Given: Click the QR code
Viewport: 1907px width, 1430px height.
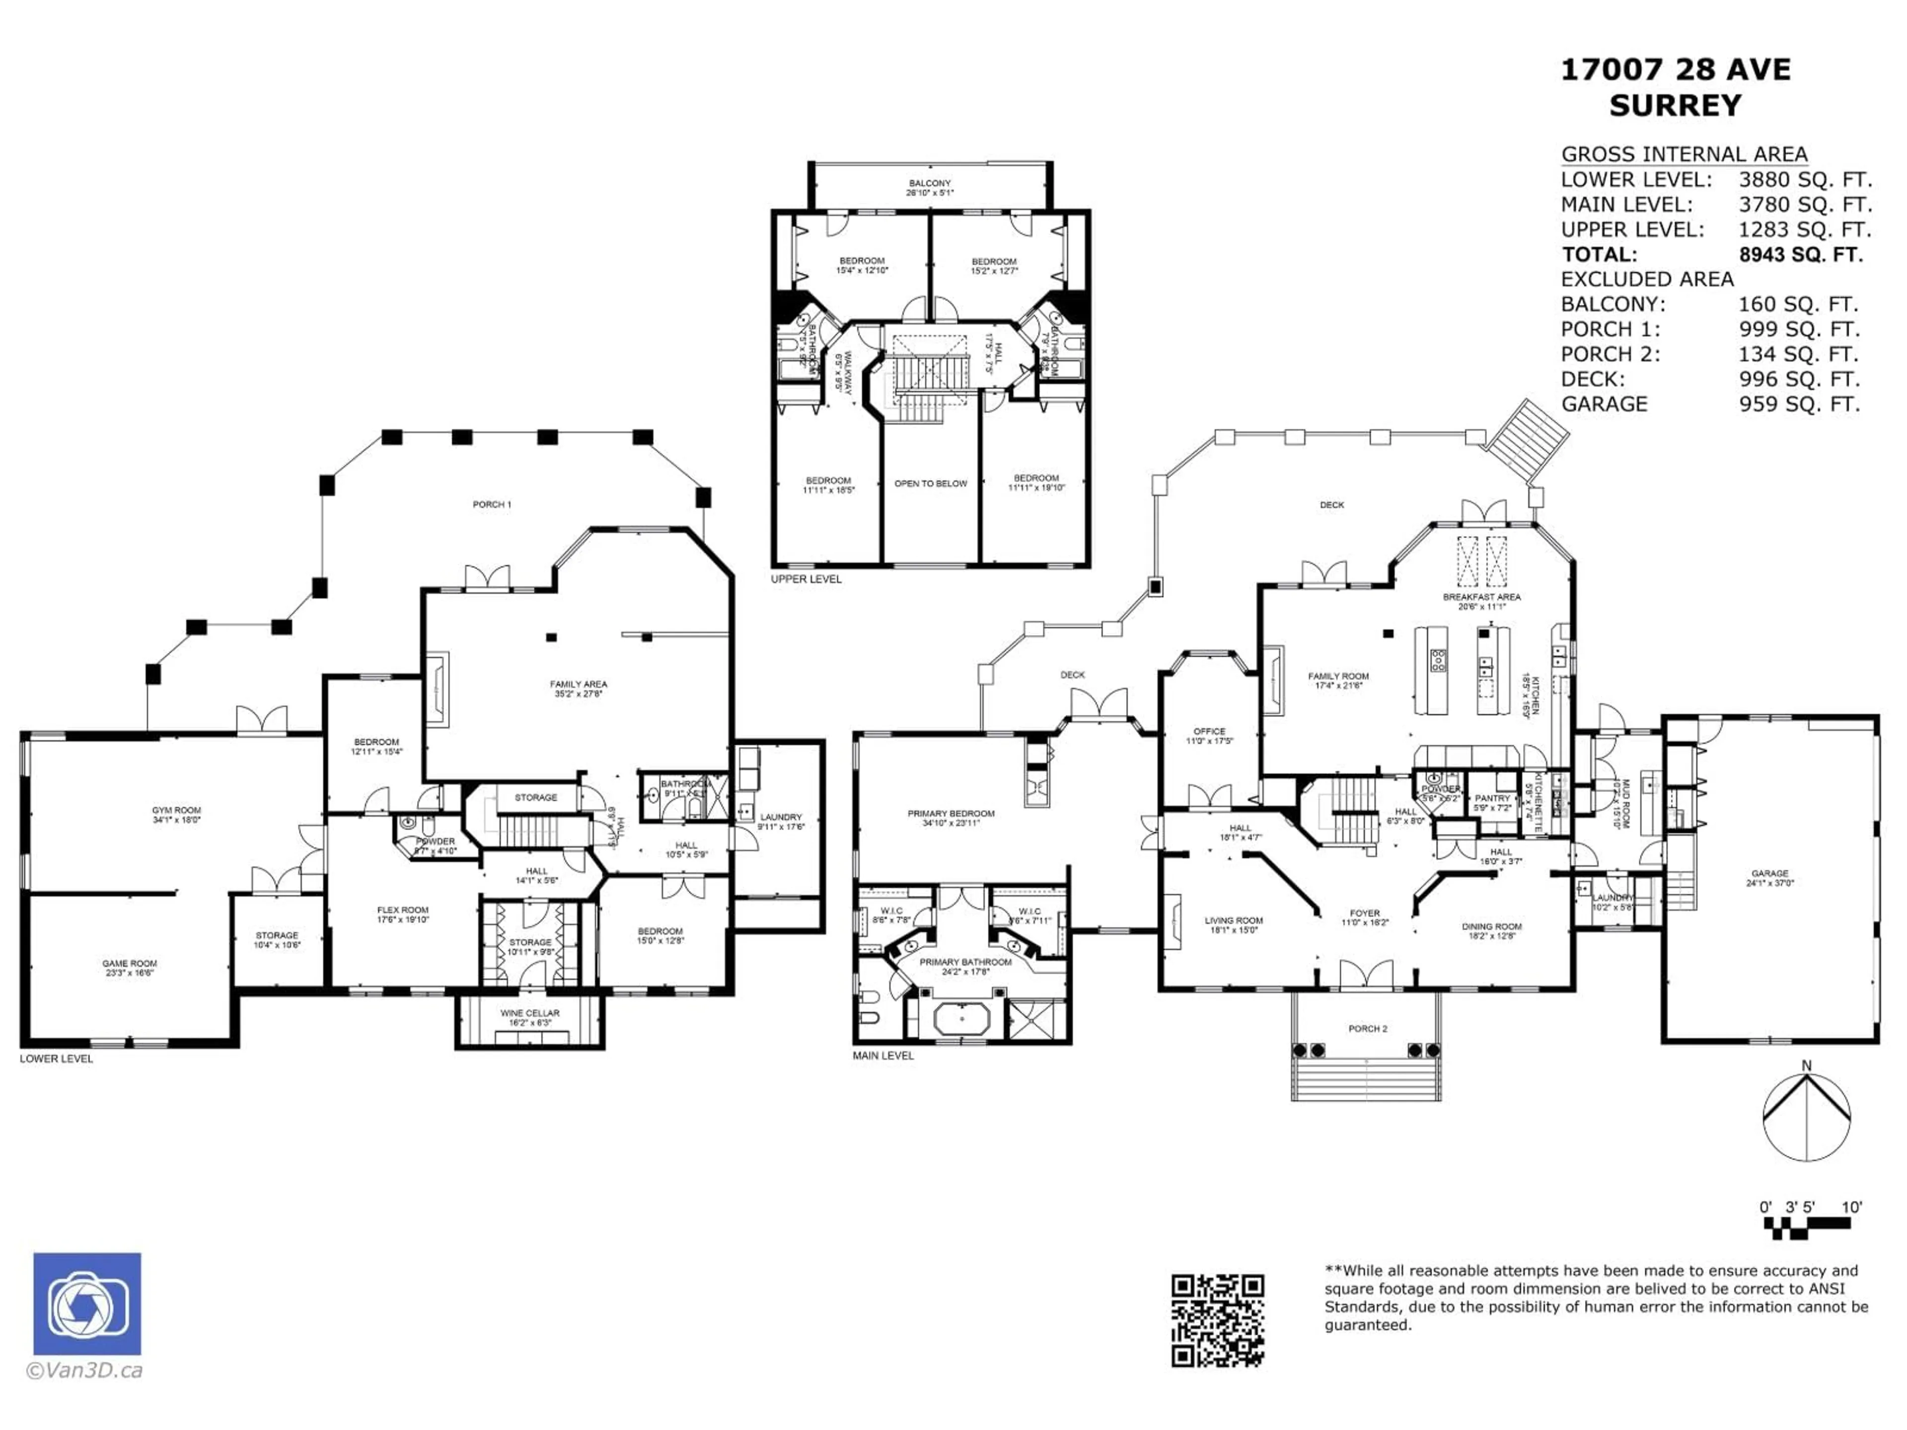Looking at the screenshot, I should (x=1217, y=1320).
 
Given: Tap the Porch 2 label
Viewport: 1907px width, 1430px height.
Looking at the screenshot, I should (x=1367, y=1028).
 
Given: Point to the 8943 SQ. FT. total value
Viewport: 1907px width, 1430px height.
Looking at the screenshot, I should (x=1800, y=254).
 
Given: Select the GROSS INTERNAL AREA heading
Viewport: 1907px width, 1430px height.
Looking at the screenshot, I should (x=1684, y=154).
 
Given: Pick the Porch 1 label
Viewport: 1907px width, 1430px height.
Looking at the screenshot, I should (x=492, y=504).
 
